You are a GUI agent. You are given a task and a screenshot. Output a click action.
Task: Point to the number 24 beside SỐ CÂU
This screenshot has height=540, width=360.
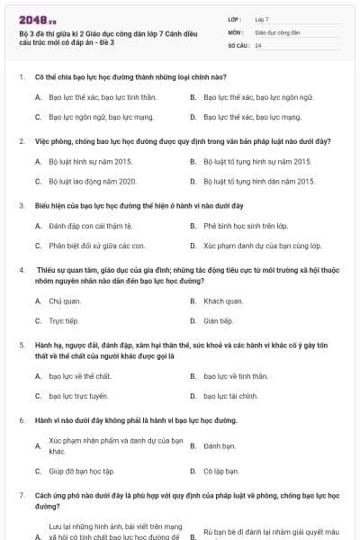point(258,45)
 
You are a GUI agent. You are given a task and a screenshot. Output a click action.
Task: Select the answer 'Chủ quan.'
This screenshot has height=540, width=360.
point(65,301)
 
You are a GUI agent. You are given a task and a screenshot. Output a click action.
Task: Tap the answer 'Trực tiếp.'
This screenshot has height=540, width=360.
point(63,320)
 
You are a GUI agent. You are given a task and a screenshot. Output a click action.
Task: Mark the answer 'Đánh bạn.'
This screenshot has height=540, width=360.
point(220,445)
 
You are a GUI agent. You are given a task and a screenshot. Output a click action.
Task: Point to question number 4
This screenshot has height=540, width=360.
point(21,270)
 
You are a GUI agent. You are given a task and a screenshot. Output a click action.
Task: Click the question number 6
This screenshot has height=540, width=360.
point(21,420)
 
